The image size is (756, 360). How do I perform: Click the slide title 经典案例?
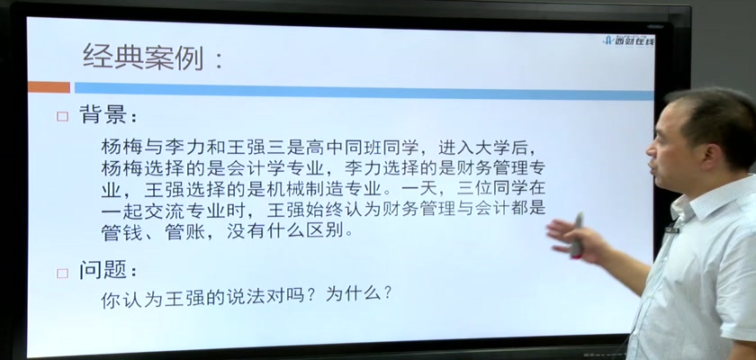pyautogui.click(x=143, y=57)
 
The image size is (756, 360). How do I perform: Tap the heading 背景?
pyautogui.click(x=103, y=115)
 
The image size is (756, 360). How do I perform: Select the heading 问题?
pyautogui.click(x=103, y=271)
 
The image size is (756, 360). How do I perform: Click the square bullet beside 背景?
pyautogui.click(x=62, y=116)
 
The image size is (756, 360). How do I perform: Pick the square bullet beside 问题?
pyautogui.click(x=62, y=274)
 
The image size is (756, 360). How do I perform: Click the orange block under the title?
pyautogui.click(x=49, y=87)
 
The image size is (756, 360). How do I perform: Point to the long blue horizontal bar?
pyautogui.click(x=364, y=91)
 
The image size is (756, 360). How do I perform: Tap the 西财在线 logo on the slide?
pyautogui.click(x=629, y=40)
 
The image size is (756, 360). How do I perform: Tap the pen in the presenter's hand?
pyautogui.click(x=576, y=235)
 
